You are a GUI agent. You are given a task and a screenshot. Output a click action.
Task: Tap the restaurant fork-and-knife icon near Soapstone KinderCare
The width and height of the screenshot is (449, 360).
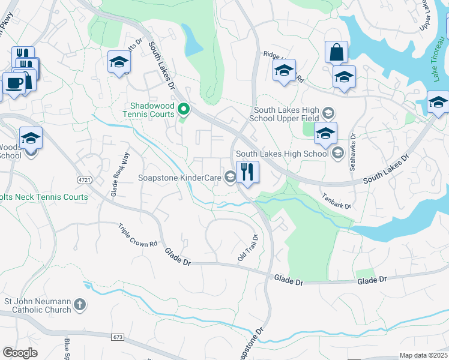(247, 172)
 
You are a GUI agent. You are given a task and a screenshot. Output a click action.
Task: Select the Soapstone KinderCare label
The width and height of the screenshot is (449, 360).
(179, 177)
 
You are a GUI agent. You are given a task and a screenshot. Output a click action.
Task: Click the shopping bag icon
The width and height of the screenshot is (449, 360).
(336, 52)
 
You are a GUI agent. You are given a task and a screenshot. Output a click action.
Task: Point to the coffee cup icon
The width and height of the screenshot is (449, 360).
(14, 83)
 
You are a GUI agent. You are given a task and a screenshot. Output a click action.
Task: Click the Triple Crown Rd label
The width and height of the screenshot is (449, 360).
(137, 236)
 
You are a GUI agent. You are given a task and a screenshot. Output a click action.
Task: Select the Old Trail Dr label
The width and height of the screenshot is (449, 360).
(247, 247)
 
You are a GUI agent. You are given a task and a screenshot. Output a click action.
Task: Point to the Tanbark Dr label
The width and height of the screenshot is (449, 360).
(336, 201)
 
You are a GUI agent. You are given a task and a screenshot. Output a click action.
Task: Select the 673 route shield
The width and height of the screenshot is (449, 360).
(117, 338)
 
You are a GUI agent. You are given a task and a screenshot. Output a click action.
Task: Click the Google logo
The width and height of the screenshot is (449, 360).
(20, 353)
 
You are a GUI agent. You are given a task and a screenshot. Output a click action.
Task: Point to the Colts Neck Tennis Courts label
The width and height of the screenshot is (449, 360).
(44, 197)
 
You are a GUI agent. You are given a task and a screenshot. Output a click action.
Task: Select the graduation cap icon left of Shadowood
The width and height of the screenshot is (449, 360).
(119, 62)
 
